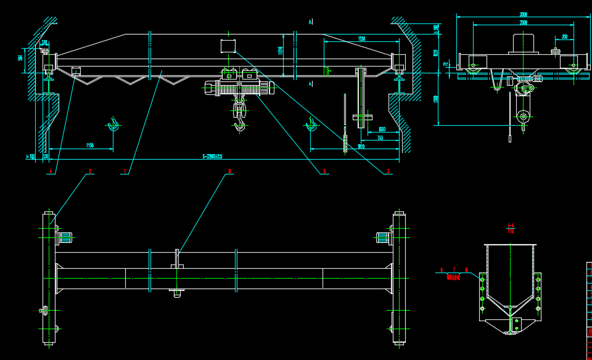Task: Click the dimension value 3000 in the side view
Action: click(x=523, y=14)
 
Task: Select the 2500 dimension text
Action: click(x=523, y=23)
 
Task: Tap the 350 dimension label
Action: click(x=564, y=37)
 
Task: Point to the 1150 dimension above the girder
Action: click(x=361, y=39)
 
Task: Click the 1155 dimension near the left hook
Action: click(x=90, y=145)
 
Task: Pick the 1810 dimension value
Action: click(x=361, y=146)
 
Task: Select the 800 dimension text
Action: click(x=382, y=129)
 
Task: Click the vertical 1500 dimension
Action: click(x=436, y=99)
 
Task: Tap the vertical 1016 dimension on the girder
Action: click(x=281, y=51)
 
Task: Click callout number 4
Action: click(x=50, y=171)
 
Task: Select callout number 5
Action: click(x=324, y=171)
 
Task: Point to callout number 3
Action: click(x=388, y=171)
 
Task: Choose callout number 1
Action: click(x=125, y=171)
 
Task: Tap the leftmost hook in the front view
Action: click(x=113, y=125)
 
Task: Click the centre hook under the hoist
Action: click(x=239, y=125)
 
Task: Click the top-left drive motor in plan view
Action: click(x=65, y=237)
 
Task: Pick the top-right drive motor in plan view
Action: click(x=383, y=237)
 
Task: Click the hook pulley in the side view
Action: click(x=524, y=115)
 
